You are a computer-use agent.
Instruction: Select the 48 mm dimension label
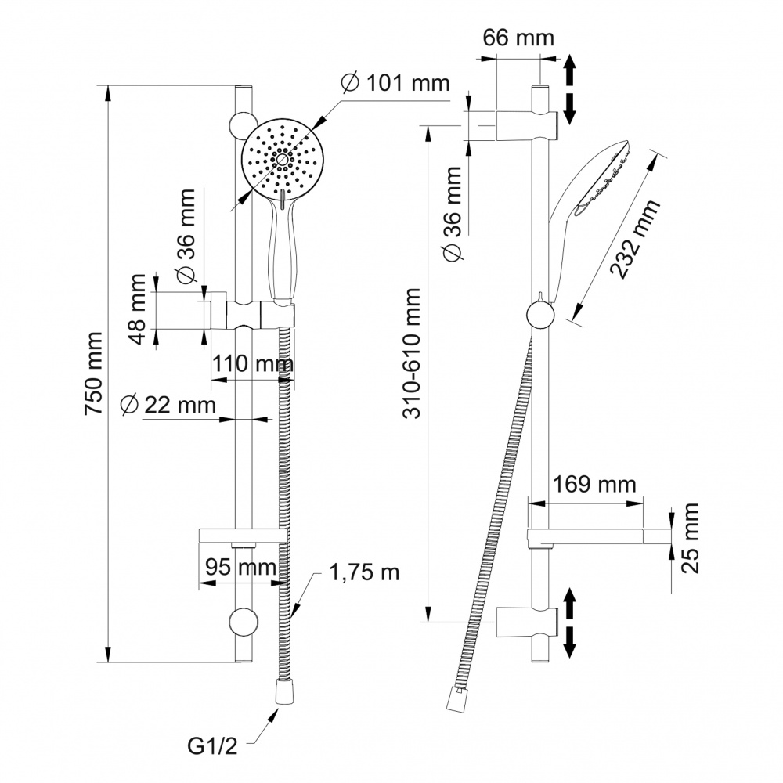pyautogui.click(x=138, y=309)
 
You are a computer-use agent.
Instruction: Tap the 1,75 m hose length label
pyautogui.click(x=364, y=572)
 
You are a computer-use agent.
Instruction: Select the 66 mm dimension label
pyautogui.click(x=518, y=38)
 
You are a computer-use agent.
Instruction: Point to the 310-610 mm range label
pyautogui.click(x=412, y=352)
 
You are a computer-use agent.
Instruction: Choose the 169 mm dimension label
pyautogui.click(x=594, y=485)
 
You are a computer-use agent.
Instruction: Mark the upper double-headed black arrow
pyautogui.click(x=570, y=88)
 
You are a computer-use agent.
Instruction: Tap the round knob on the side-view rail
pyautogui.click(x=541, y=316)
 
